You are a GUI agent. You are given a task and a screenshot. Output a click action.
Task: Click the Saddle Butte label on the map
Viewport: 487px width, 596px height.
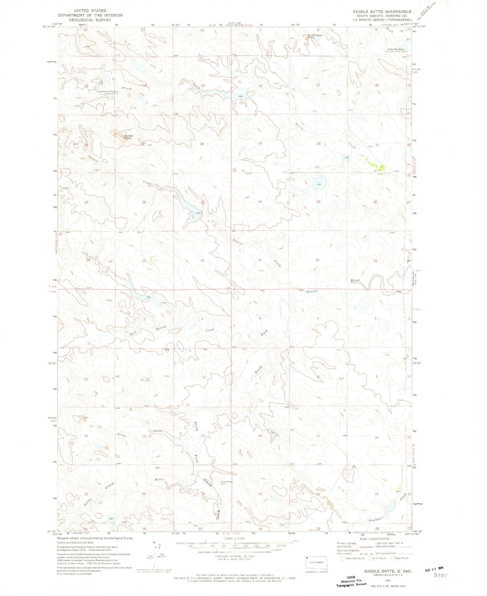point(128,137)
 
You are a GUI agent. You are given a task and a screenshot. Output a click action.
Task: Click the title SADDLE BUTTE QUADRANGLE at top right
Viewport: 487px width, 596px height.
point(382,11)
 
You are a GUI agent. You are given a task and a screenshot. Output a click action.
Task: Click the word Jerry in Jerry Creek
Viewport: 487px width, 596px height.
point(121,435)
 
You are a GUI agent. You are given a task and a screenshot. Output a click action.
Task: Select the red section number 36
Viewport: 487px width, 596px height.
point(202,261)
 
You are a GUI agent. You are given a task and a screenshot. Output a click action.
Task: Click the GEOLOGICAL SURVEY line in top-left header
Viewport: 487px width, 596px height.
point(90,20)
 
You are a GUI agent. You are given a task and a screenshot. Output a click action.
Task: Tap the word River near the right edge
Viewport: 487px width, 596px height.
point(355,280)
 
